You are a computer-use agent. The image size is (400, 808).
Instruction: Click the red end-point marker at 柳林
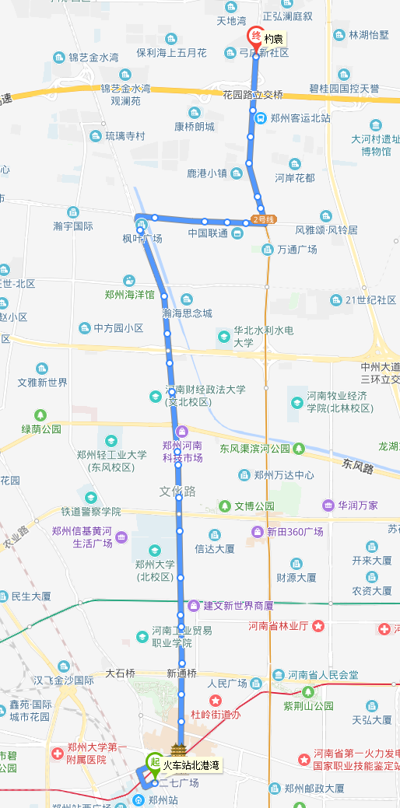pyautogui.click(x=254, y=37)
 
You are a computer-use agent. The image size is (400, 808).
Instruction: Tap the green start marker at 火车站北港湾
pyautogui.click(x=154, y=763)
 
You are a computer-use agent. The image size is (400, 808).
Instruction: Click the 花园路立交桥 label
pyautogui.click(x=252, y=95)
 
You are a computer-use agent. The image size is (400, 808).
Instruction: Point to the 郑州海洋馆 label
pyautogui.click(x=130, y=295)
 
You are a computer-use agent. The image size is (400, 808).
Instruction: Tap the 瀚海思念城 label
pyautogui.click(x=187, y=313)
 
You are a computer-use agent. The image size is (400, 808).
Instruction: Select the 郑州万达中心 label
pyautogui.click(x=284, y=474)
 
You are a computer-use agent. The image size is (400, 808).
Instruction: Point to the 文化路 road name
pyautogui.click(x=178, y=491)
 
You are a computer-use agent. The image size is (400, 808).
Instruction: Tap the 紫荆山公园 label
pyautogui.click(x=308, y=705)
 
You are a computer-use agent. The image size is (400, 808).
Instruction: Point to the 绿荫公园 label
pyautogui.click(x=41, y=428)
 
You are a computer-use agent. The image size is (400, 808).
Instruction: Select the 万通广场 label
pyautogui.click(x=296, y=250)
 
